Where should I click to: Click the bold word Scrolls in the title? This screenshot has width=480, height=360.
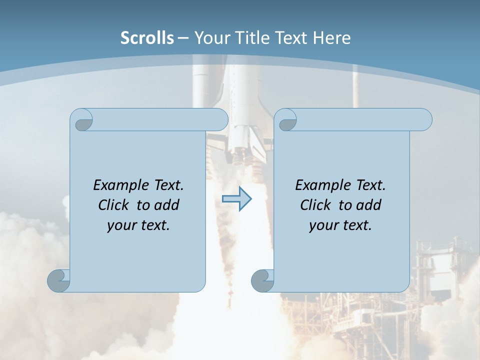147,38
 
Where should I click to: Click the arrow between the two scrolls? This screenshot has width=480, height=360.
236,199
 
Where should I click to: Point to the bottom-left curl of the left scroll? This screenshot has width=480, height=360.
58,280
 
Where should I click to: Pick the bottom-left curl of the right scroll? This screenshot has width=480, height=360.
262,280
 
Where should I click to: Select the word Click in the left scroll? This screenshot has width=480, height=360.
114,205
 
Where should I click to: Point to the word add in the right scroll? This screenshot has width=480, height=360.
369,205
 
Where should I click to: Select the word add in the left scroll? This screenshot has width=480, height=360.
167,205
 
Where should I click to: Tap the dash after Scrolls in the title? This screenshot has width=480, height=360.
183,38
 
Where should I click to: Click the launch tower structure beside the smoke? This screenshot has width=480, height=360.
440,280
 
